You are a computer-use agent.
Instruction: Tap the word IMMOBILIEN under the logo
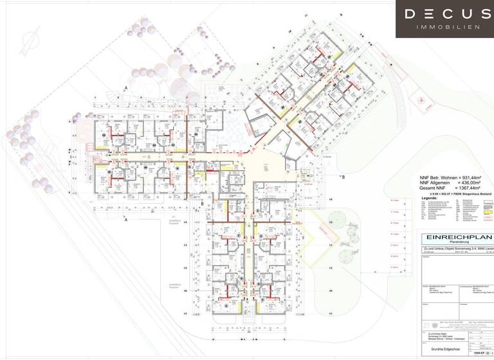(448, 27)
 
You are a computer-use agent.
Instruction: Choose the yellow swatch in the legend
(488, 210)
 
